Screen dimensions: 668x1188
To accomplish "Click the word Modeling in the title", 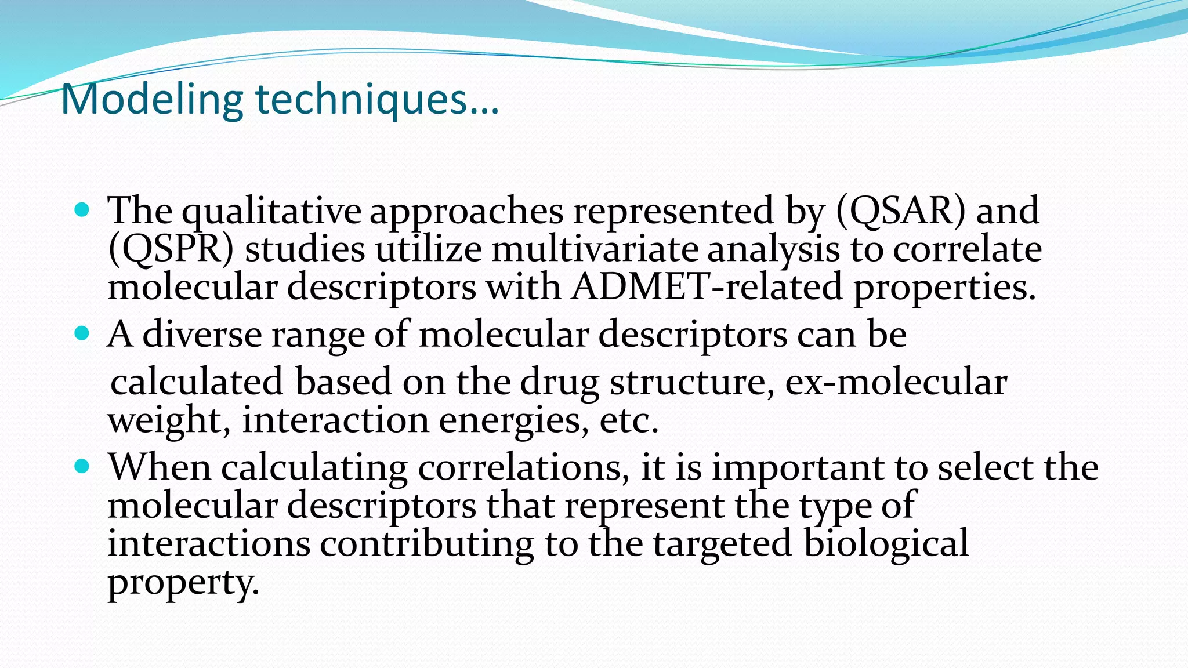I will (x=151, y=100).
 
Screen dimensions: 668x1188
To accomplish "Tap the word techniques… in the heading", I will (x=377, y=100).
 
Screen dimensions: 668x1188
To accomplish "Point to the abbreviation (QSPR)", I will (x=171, y=250).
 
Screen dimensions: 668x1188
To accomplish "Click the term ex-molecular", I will (x=896, y=383).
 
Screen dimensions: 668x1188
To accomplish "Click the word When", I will (x=160, y=467).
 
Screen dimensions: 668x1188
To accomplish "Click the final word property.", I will (x=183, y=583).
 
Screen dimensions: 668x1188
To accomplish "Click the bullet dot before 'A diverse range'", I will (x=82, y=333).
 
